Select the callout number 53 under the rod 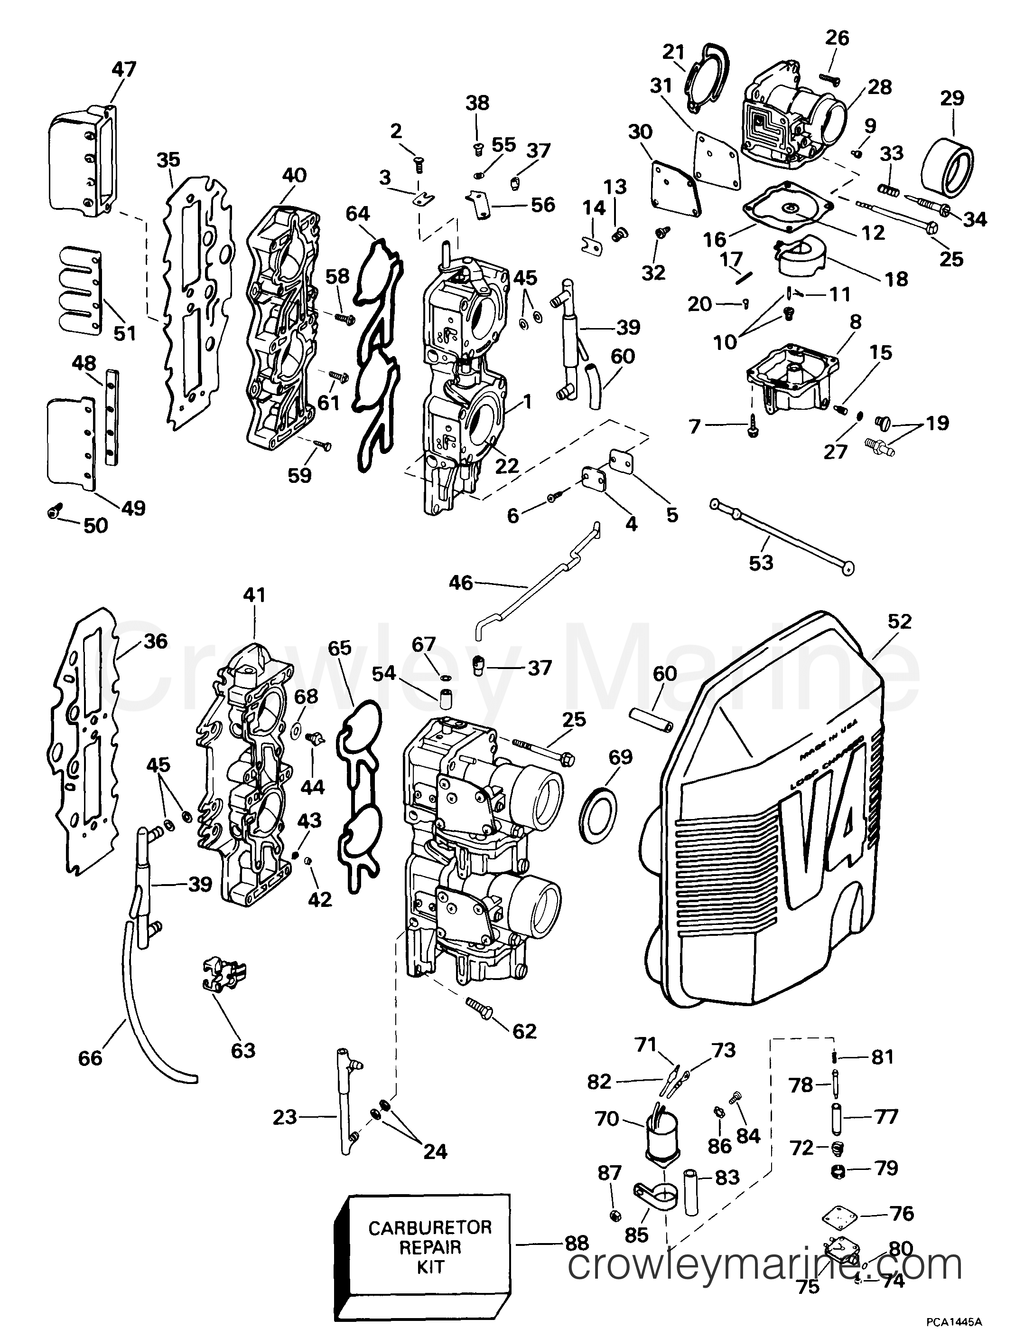[761, 563]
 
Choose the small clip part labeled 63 [223, 979]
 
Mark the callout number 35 [168, 160]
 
